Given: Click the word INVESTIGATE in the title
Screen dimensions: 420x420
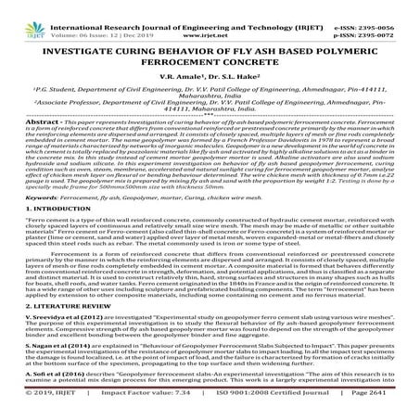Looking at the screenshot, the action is [x=94, y=39].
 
